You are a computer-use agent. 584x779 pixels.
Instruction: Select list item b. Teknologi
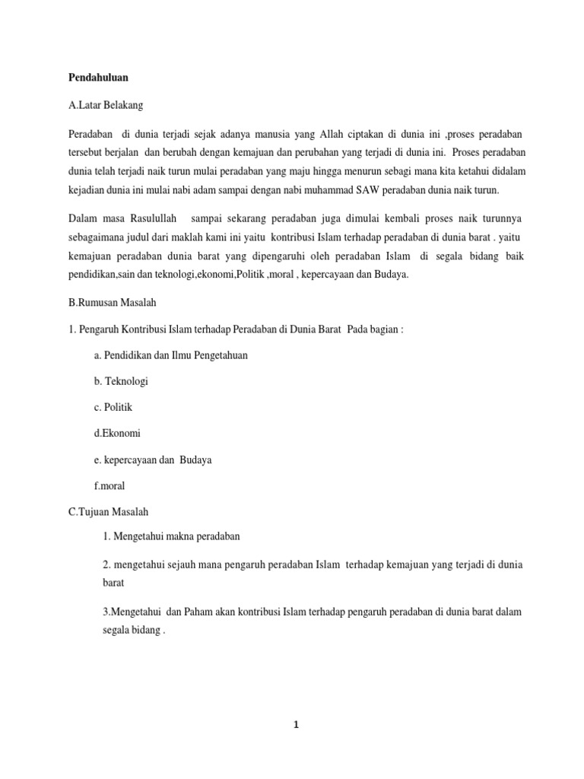click(x=122, y=381)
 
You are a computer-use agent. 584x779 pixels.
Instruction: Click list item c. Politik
click(x=114, y=407)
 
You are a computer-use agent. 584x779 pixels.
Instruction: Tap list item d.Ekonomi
click(x=118, y=434)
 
